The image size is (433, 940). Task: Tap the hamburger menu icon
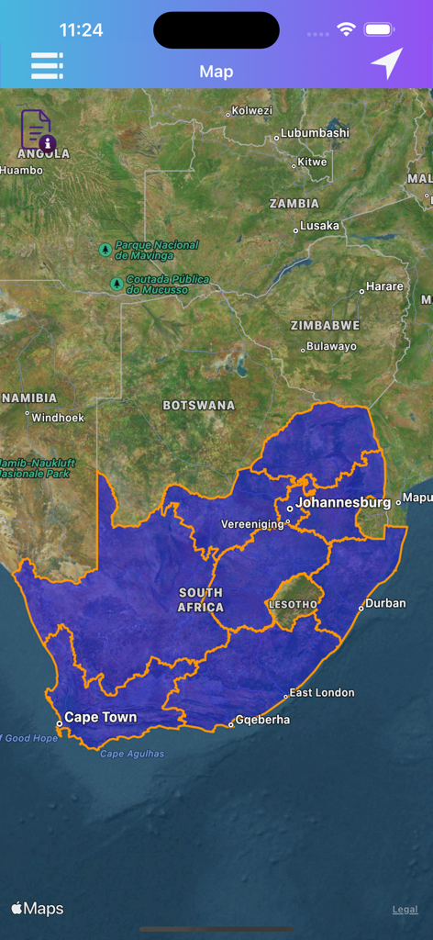47,65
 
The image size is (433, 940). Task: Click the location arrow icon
386,63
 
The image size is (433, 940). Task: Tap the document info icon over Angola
38,130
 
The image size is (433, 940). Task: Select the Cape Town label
100,718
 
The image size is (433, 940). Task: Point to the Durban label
385,603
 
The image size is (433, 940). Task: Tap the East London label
321,693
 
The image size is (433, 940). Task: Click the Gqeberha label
262,720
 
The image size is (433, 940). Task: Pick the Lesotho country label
293,605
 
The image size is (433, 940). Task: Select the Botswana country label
198,405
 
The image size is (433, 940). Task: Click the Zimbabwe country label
325,325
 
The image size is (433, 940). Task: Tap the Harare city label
384,286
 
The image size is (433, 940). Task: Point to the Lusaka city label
319,226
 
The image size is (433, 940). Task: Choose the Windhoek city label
58,418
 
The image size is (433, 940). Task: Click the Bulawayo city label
331,346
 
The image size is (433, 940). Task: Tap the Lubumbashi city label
315,133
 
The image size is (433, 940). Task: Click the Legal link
405,910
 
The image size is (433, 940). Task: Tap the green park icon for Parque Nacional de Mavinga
105,249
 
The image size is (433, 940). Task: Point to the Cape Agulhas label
132,754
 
